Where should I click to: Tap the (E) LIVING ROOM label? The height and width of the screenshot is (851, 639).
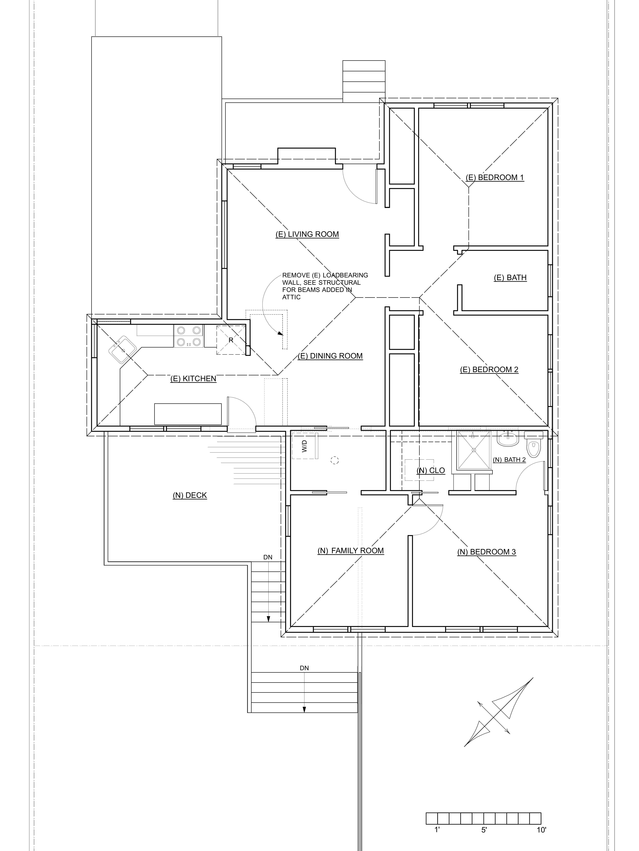click(307, 234)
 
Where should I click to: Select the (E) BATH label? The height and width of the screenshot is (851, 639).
click(510, 278)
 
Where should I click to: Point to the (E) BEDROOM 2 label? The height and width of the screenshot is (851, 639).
click(489, 370)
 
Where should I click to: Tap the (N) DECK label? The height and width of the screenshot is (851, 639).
click(190, 496)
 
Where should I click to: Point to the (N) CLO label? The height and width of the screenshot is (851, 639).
click(431, 471)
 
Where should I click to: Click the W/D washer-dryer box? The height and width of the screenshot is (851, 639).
click(305, 446)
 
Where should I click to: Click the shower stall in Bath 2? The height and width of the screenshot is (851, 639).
click(474, 450)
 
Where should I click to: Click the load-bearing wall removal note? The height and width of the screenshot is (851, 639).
click(325, 286)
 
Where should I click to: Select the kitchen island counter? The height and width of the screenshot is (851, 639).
click(188, 414)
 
